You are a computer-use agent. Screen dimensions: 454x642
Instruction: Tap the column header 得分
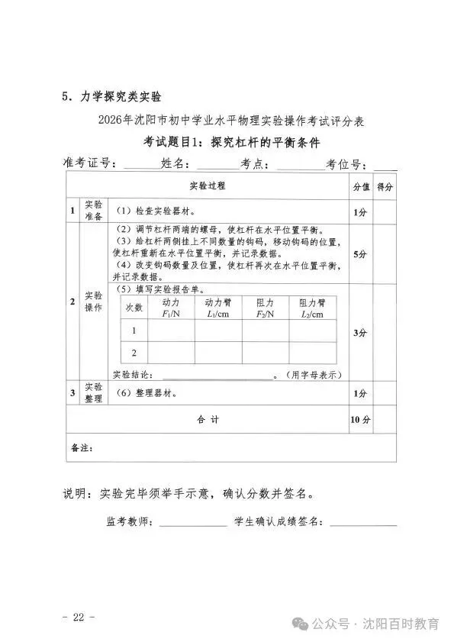tap(385, 186)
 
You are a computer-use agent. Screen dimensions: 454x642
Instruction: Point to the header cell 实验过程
tap(207, 186)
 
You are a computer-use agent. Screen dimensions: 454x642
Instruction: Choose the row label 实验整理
tap(92, 393)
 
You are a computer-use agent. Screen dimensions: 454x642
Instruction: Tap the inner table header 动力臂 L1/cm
tap(217, 308)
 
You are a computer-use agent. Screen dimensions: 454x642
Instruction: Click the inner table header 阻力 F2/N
tap(266, 308)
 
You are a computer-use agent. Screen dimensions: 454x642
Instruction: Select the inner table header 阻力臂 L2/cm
tap(312, 308)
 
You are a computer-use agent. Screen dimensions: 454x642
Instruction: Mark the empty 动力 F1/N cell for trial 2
tap(171, 353)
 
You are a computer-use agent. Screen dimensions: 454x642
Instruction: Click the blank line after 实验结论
tap(217, 376)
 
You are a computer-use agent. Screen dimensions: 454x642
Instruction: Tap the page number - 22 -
tap(79, 615)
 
